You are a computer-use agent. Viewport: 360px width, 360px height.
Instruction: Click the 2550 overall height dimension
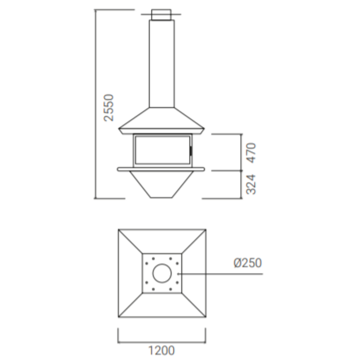pyautogui.click(x=109, y=108)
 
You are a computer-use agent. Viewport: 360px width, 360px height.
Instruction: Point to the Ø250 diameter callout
pyautogui.click(x=248, y=263)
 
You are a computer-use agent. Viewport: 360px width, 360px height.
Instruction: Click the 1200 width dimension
pyautogui.click(x=162, y=351)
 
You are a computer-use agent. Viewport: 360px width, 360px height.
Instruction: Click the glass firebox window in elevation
pyautogui.click(x=162, y=150)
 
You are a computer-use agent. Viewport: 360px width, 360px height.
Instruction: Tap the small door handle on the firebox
pyautogui.click(x=191, y=150)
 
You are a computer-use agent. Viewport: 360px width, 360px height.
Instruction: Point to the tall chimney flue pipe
pyautogui.click(x=162, y=63)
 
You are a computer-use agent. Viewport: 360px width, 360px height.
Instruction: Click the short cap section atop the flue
pyautogui.click(x=161, y=15)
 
